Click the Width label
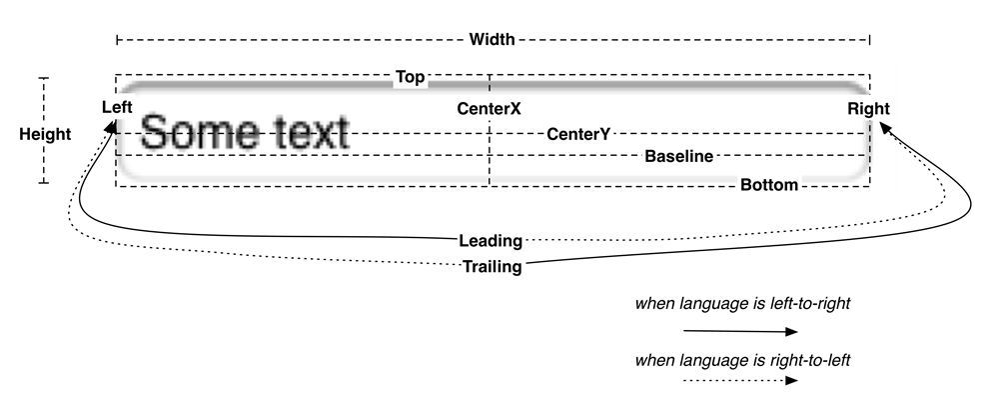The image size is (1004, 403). click(x=492, y=40)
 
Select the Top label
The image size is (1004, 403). click(x=410, y=78)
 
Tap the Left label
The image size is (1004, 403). click(x=117, y=107)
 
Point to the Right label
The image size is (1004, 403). click(x=868, y=108)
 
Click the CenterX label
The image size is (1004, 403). click(x=489, y=109)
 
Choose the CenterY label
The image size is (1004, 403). click(x=578, y=134)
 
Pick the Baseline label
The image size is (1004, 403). click(x=678, y=156)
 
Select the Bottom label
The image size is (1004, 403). click(x=769, y=185)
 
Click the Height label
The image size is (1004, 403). click(x=45, y=135)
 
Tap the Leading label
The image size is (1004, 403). click(x=491, y=241)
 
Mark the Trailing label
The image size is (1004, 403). click(x=492, y=266)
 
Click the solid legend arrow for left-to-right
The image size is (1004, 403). click(x=740, y=331)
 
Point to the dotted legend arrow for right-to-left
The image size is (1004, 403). click(x=740, y=380)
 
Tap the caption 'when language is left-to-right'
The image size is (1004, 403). click(x=742, y=303)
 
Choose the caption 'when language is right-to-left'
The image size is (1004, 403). click(x=742, y=360)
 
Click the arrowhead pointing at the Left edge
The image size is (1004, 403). click(x=112, y=127)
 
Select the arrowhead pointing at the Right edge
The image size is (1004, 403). click(x=886, y=128)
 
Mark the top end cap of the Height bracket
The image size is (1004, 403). click(x=44, y=78)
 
